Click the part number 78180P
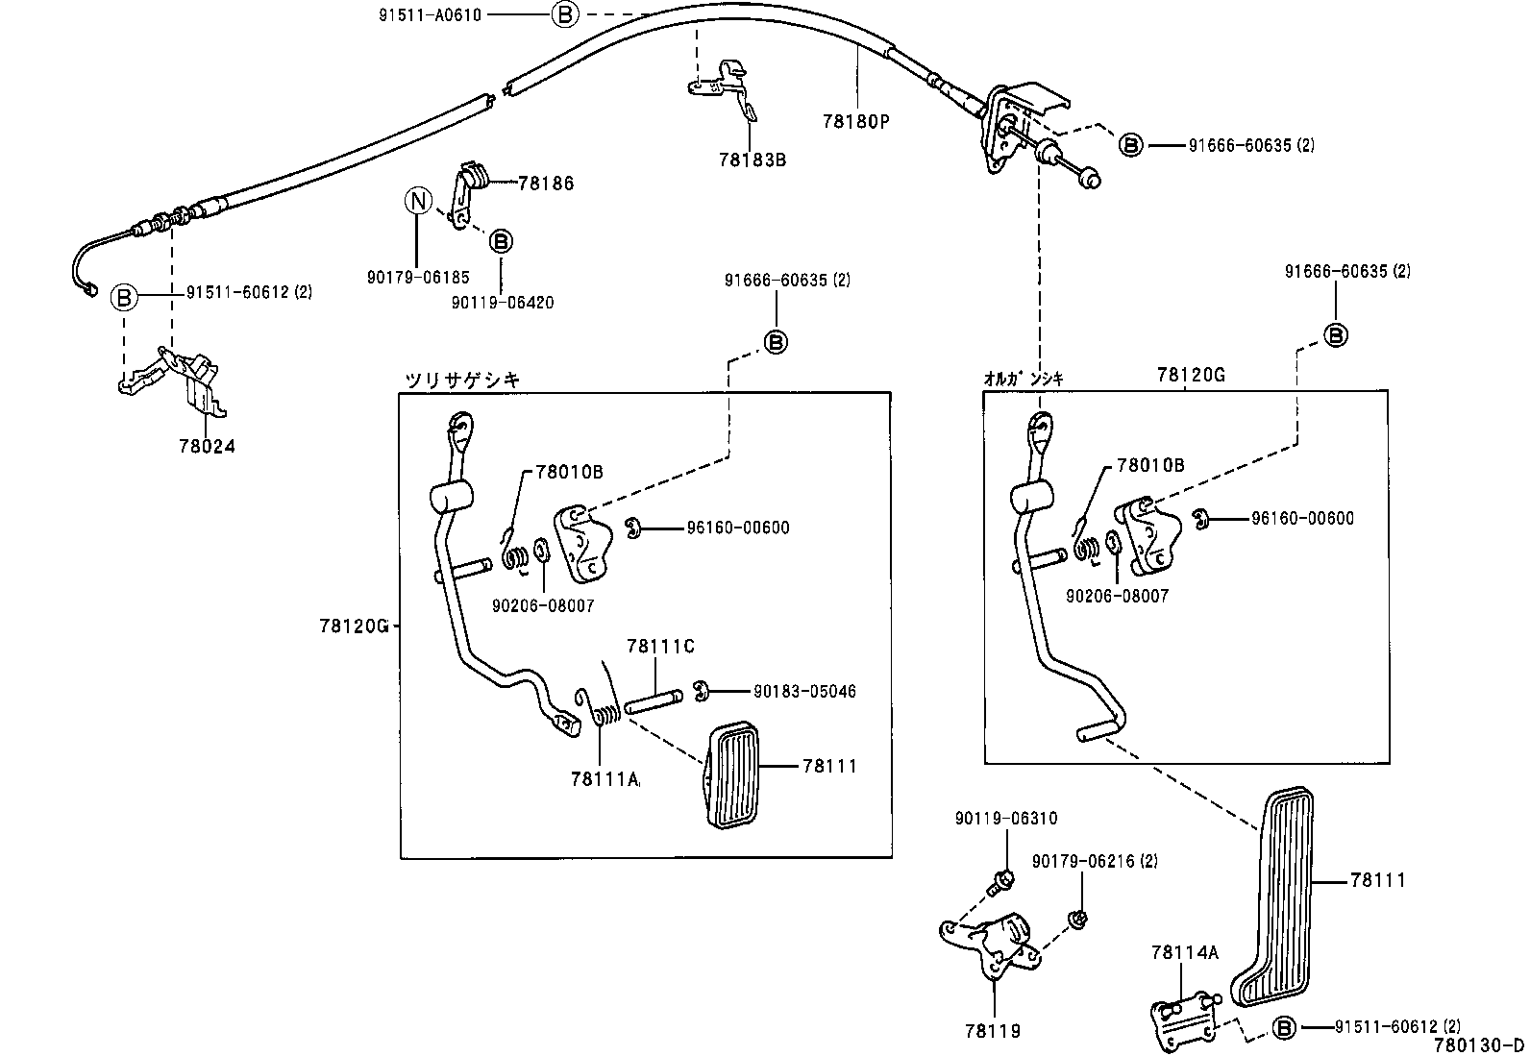856,121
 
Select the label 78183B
751,160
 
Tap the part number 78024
207,446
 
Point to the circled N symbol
417,201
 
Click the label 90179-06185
417,277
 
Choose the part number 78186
545,183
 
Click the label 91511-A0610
429,14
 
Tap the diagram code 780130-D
1478,1045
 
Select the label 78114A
1184,952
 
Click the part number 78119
992,1030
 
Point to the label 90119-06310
1005,819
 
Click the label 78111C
659,647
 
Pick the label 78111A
604,779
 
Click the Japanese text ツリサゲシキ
461,380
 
